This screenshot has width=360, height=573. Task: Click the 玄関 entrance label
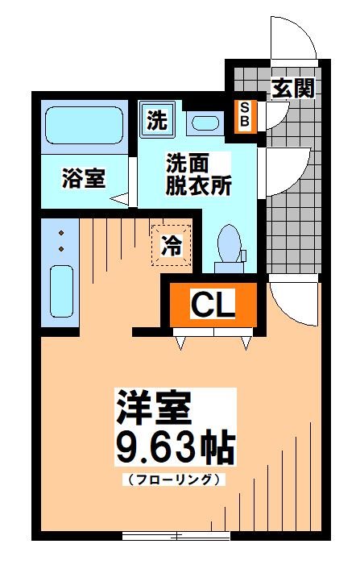point(292,88)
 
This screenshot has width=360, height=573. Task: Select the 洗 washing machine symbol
point(156,120)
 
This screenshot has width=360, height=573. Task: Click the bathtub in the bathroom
point(82,124)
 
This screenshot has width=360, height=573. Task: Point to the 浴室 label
point(83,179)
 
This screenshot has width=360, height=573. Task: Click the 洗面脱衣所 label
point(198,174)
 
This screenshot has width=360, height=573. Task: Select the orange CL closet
point(212,304)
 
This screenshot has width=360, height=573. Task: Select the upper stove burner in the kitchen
point(61,233)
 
